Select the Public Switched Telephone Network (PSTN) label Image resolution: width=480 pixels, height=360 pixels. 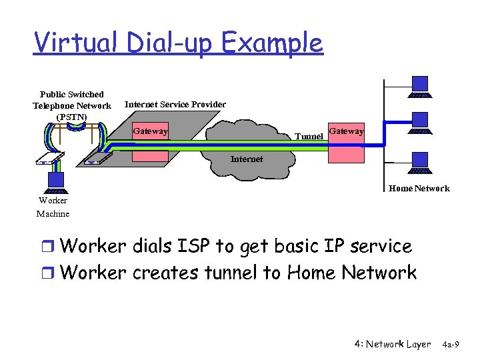tap(72, 106)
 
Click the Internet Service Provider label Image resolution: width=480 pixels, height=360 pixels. tap(175, 105)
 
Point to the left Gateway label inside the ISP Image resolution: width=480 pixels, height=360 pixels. tap(150, 131)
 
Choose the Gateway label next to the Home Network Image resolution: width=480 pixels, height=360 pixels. tap(346, 131)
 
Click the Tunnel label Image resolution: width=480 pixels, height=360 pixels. tap(309, 137)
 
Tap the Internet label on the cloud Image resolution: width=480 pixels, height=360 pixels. tap(247, 159)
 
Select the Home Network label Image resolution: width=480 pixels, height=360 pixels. tap(419, 189)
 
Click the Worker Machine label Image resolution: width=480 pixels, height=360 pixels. tap(53, 207)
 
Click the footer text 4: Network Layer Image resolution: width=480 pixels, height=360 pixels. tap(393, 344)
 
